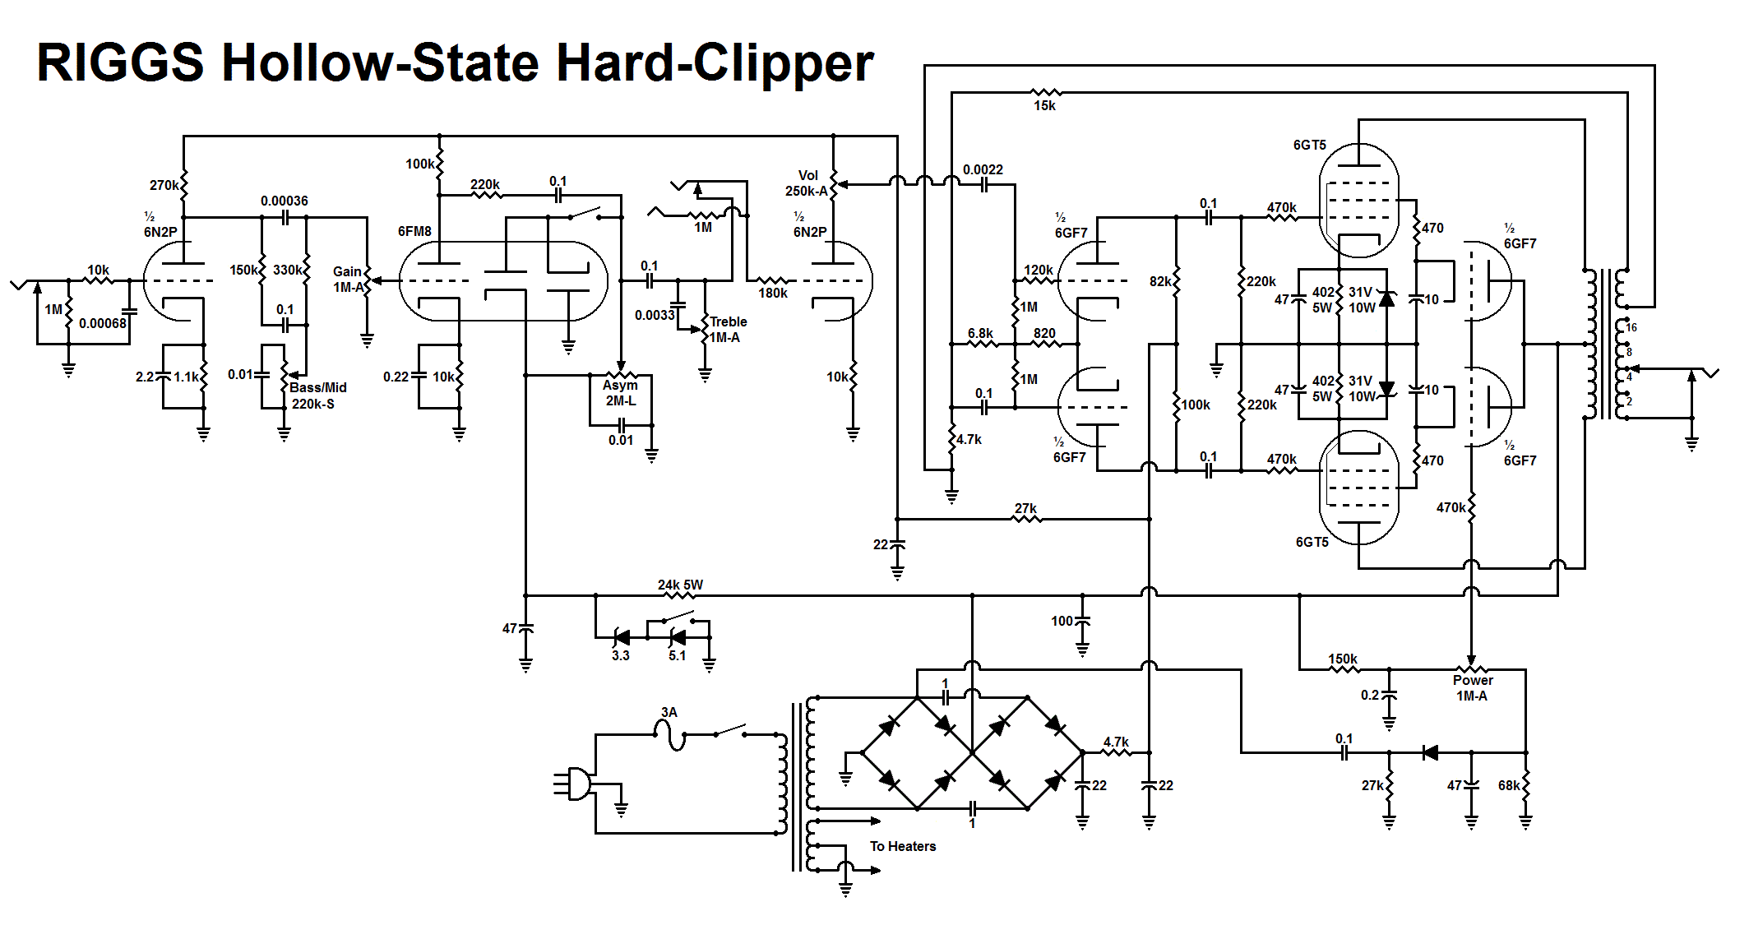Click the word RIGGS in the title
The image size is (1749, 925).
tap(120, 62)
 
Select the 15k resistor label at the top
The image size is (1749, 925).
tap(1044, 106)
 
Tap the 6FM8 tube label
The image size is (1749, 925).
tap(414, 232)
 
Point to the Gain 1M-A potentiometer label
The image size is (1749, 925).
tap(348, 280)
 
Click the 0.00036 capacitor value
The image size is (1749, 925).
tap(285, 201)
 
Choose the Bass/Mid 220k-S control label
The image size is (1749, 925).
tap(317, 395)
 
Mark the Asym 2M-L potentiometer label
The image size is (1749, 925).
tap(621, 393)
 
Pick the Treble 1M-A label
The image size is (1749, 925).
tap(727, 330)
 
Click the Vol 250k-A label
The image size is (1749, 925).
tap(807, 183)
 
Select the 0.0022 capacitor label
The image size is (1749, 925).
tap(983, 170)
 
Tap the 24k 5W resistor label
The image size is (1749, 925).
tap(680, 585)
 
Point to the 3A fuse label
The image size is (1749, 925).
tap(669, 713)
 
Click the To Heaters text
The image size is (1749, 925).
tap(903, 847)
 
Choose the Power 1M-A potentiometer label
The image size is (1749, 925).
tap(1472, 688)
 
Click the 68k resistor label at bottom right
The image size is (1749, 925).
tap(1509, 786)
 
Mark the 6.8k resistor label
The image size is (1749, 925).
tap(980, 334)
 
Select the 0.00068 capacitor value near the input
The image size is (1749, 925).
tap(103, 324)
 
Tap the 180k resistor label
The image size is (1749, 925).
tap(773, 294)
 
